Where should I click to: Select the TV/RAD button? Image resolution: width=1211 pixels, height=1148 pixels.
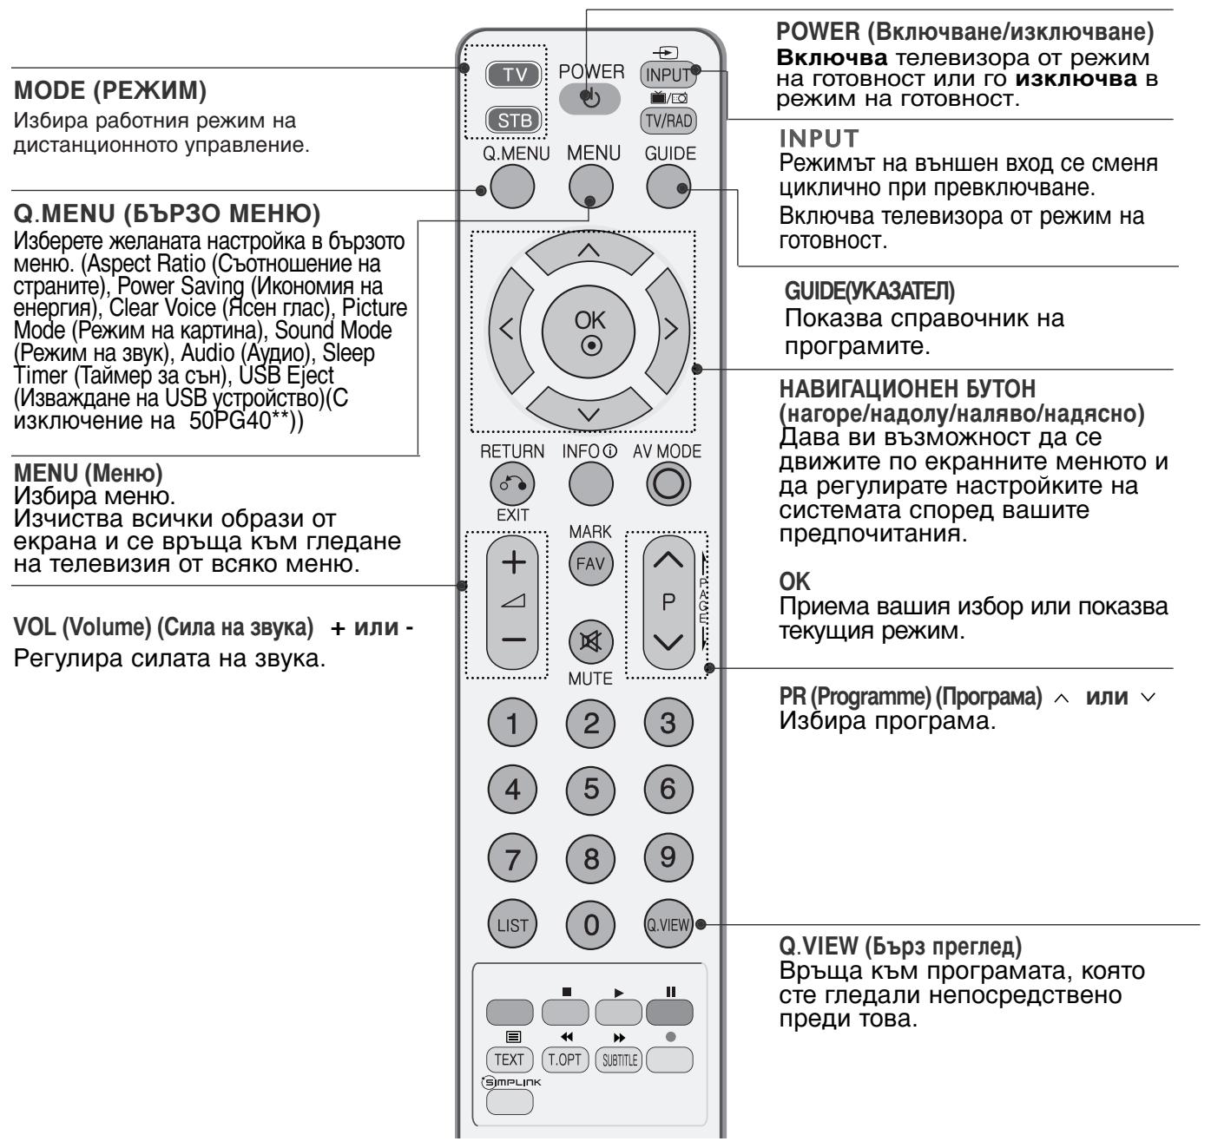click(668, 121)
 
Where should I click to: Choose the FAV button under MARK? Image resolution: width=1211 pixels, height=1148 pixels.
click(590, 564)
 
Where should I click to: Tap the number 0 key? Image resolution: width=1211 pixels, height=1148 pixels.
click(590, 925)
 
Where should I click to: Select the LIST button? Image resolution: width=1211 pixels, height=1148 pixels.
click(512, 925)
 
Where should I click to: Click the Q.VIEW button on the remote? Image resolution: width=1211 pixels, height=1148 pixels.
click(668, 925)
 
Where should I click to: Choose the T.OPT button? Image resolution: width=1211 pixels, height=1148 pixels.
click(563, 1059)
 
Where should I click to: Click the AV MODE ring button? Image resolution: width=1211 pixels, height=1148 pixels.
click(668, 484)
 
